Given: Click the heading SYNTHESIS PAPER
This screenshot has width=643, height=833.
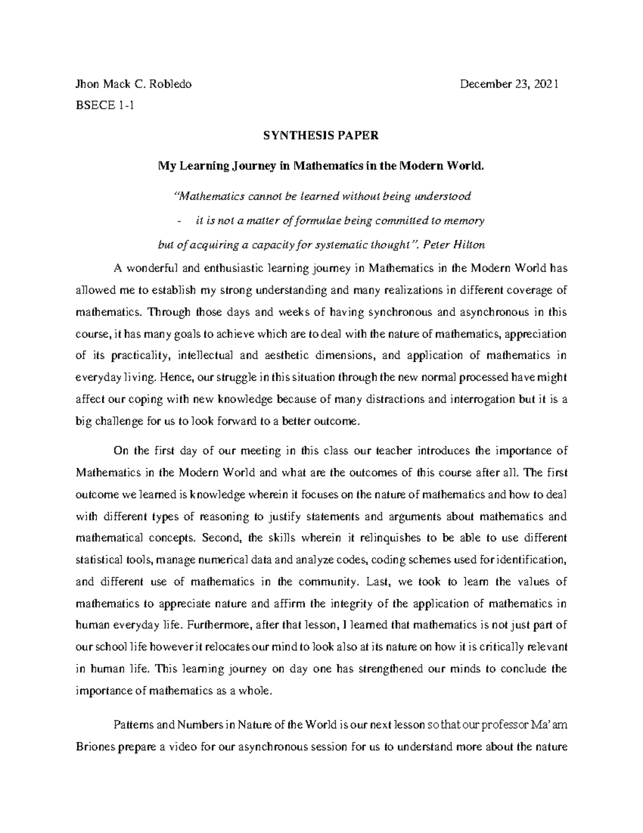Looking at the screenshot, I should click(x=320, y=136).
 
